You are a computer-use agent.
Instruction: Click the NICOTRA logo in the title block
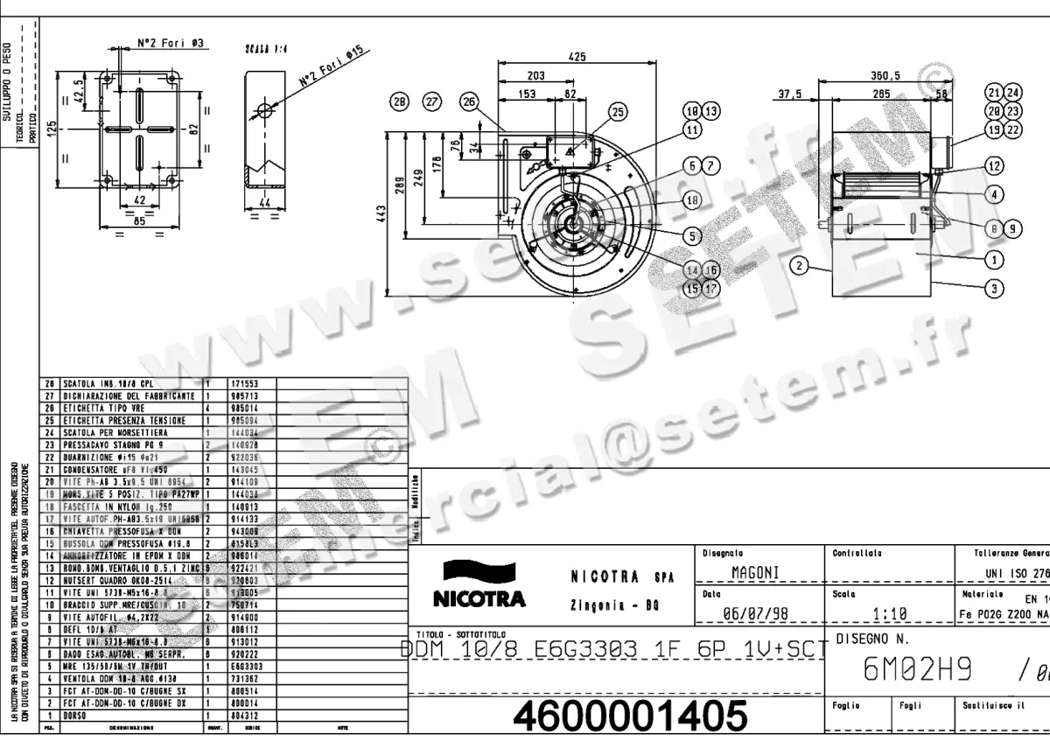pyautogui.click(x=479, y=585)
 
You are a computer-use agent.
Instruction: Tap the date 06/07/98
pyautogui.click(x=757, y=613)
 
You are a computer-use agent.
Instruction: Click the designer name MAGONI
pyautogui.click(x=754, y=573)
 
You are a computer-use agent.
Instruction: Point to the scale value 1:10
pyautogui.click(x=889, y=613)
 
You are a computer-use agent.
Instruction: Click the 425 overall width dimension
pyautogui.click(x=577, y=57)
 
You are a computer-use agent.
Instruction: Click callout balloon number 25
pyautogui.click(x=619, y=112)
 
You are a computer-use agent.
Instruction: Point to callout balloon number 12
pyautogui.click(x=993, y=165)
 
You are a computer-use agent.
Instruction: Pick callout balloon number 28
pyautogui.click(x=400, y=101)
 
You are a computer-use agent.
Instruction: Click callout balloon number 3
pyautogui.click(x=993, y=287)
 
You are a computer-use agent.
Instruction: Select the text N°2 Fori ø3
pyautogui.click(x=171, y=42)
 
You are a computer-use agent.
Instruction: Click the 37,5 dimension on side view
pyautogui.click(x=791, y=94)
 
